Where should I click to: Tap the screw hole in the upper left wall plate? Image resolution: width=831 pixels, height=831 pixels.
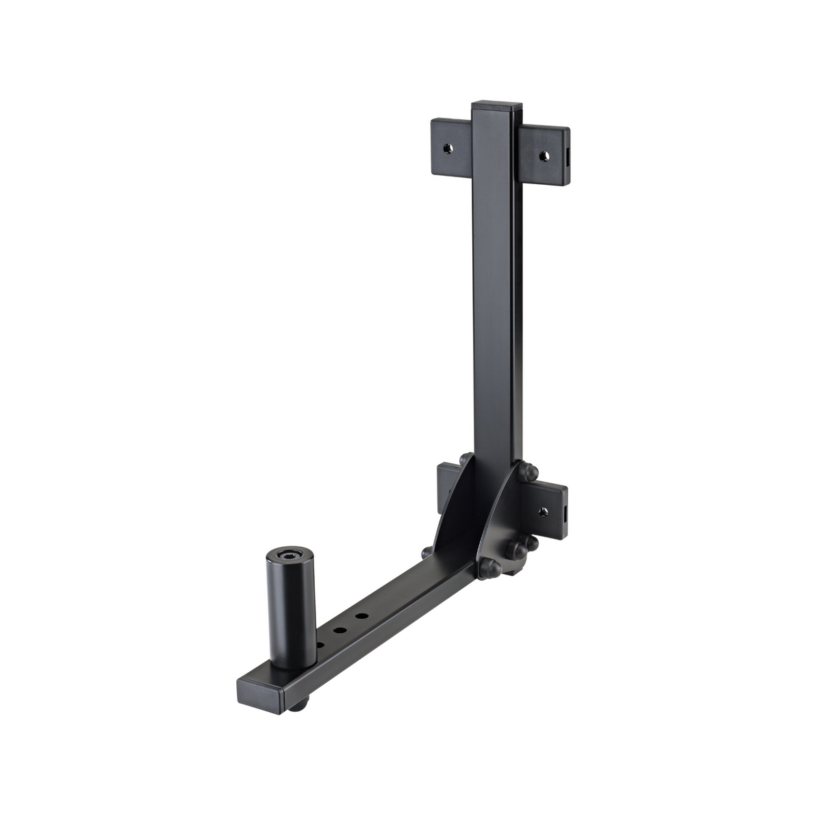coord(447,147)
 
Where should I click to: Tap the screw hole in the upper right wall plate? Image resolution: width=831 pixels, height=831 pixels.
coord(545,155)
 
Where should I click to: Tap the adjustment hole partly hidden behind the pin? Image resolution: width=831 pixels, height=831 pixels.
coord(320,643)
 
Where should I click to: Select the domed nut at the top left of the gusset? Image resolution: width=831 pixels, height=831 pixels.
coord(465,457)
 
